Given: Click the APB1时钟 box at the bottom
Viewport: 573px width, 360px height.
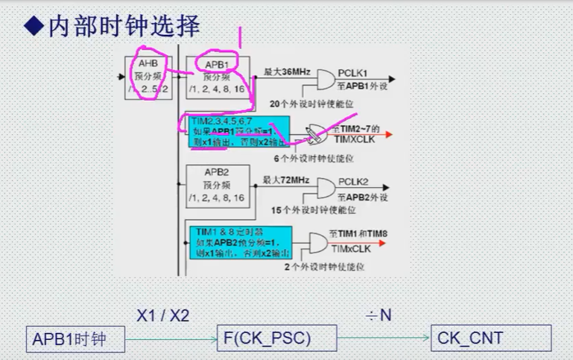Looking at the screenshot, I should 75,339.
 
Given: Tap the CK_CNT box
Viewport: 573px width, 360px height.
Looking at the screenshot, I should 490,339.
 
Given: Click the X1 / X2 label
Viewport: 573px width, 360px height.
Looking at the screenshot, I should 163,315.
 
